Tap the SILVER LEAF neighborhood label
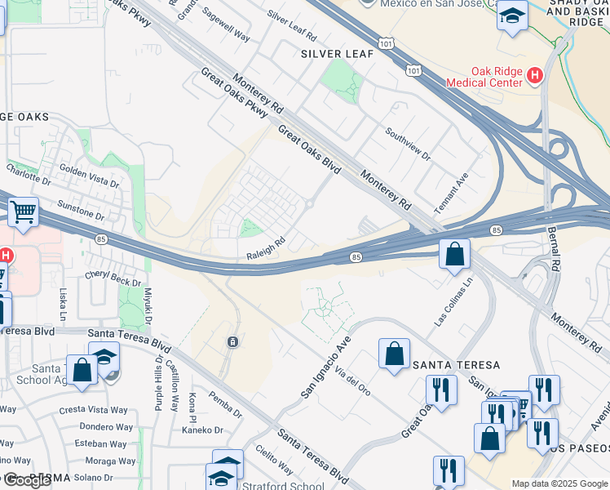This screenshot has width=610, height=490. point(337,54)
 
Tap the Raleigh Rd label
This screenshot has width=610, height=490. point(266,248)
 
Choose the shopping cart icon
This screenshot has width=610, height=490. point(24,212)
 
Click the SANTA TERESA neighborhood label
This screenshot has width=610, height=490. point(456,364)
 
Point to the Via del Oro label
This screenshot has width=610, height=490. point(352,380)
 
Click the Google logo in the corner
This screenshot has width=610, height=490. point(26,480)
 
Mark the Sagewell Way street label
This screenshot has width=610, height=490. point(226,32)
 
